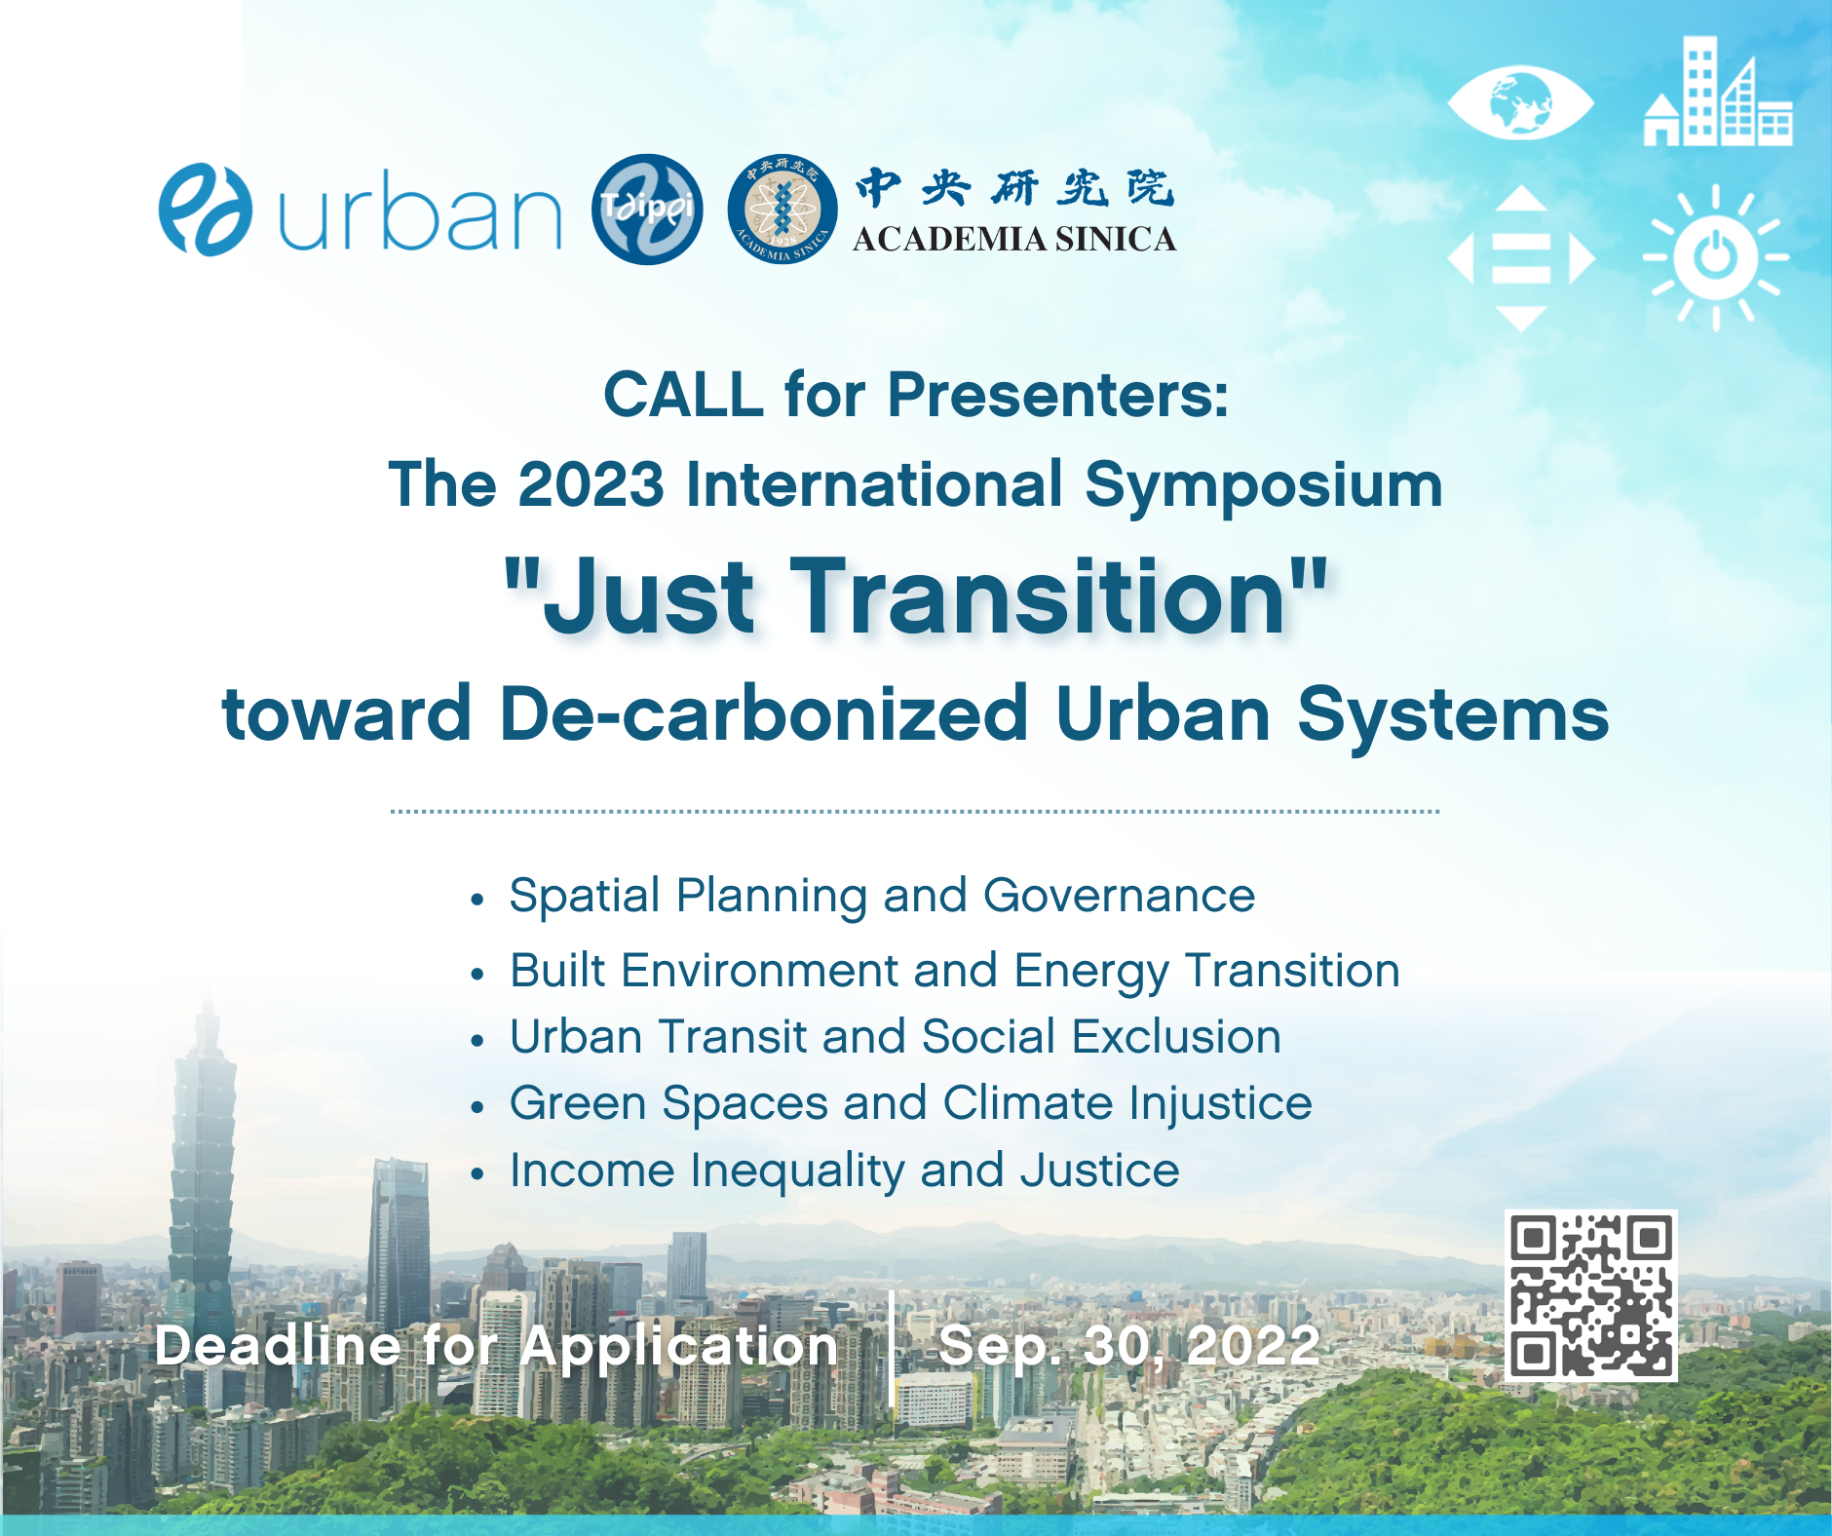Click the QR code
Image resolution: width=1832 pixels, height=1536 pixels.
pos(1590,1295)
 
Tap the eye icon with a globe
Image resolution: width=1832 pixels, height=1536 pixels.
pos(1520,103)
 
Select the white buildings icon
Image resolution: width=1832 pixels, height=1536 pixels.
pos(1718,92)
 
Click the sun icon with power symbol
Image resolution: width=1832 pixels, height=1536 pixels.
pos(1716,258)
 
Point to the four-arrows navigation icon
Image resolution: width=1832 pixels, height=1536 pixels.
pos(1520,259)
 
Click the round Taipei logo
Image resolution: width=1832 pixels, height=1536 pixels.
pos(647,210)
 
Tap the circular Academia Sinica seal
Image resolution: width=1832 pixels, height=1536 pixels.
pos(782,211)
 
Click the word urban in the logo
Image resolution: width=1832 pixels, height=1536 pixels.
pos(420,211)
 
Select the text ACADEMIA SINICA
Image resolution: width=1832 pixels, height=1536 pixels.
pos(1014,239)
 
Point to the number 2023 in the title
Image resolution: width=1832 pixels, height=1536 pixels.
pos(591,484)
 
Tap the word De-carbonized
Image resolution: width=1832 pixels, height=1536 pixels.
pos(764,714)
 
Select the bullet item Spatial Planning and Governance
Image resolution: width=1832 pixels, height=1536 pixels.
pos(882,897)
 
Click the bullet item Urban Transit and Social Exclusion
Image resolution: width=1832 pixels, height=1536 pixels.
pos(896,1036)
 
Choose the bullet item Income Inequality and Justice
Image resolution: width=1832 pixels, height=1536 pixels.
pos(845,1171)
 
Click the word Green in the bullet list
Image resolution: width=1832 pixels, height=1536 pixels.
pos(578,1103)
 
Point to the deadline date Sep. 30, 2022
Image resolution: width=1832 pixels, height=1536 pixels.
pos(1129,1346)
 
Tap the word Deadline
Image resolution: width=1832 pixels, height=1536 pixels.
pos(278,1346)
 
